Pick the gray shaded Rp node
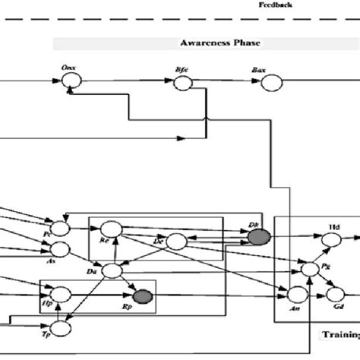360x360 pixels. pyautogui.click(x=142, y=296)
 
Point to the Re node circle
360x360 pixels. pyautogui.click(x=109, y=228)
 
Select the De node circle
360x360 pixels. pyautogui.click(x=177, y=242)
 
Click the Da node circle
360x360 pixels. pyautogui.click(x=112, y=270)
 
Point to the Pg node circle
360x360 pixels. pyautogui.click(x=309, y=269)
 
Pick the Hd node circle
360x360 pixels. pyautogui.click(x=332, y=239)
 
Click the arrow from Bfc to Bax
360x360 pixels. pyautogui.click(x=226, y=84)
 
